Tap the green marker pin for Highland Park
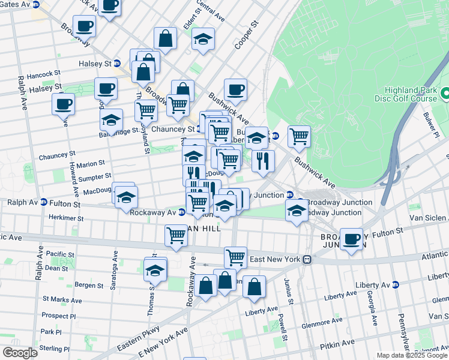(445, 94)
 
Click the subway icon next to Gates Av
(35, 4)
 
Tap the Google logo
(19, 353)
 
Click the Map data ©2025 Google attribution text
(412, 355)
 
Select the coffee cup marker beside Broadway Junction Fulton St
(352, 239)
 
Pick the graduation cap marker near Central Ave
(203, 40)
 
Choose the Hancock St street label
(40, 76)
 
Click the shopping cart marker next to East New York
(235, 257)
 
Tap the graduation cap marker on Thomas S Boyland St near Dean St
(155, 271)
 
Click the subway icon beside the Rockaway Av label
(181, 212)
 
